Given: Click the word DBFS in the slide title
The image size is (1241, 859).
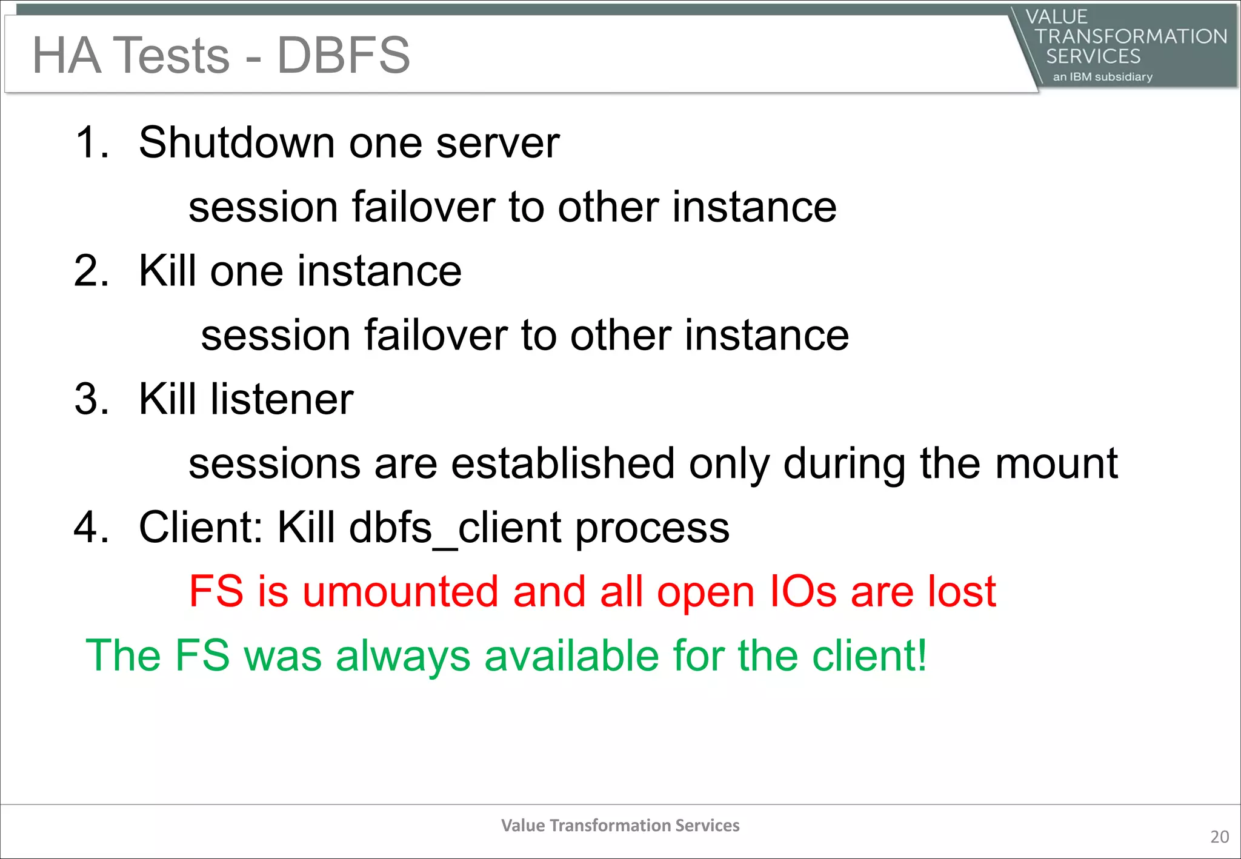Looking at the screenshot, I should click(343, 55).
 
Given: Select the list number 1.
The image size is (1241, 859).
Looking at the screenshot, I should click(91, 143).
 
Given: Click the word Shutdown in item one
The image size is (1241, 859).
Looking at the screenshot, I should click(237, 143).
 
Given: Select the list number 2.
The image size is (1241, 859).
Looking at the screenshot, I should click(91, 271).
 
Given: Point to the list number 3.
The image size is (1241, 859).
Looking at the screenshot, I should click(91, 399).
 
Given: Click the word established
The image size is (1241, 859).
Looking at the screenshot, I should click(563, 463).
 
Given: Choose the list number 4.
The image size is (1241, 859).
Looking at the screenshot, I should click(91, 527).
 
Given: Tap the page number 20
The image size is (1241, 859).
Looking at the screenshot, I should click(1219, 837).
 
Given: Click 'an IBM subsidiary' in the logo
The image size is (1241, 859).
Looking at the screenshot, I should click(1102, 77).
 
